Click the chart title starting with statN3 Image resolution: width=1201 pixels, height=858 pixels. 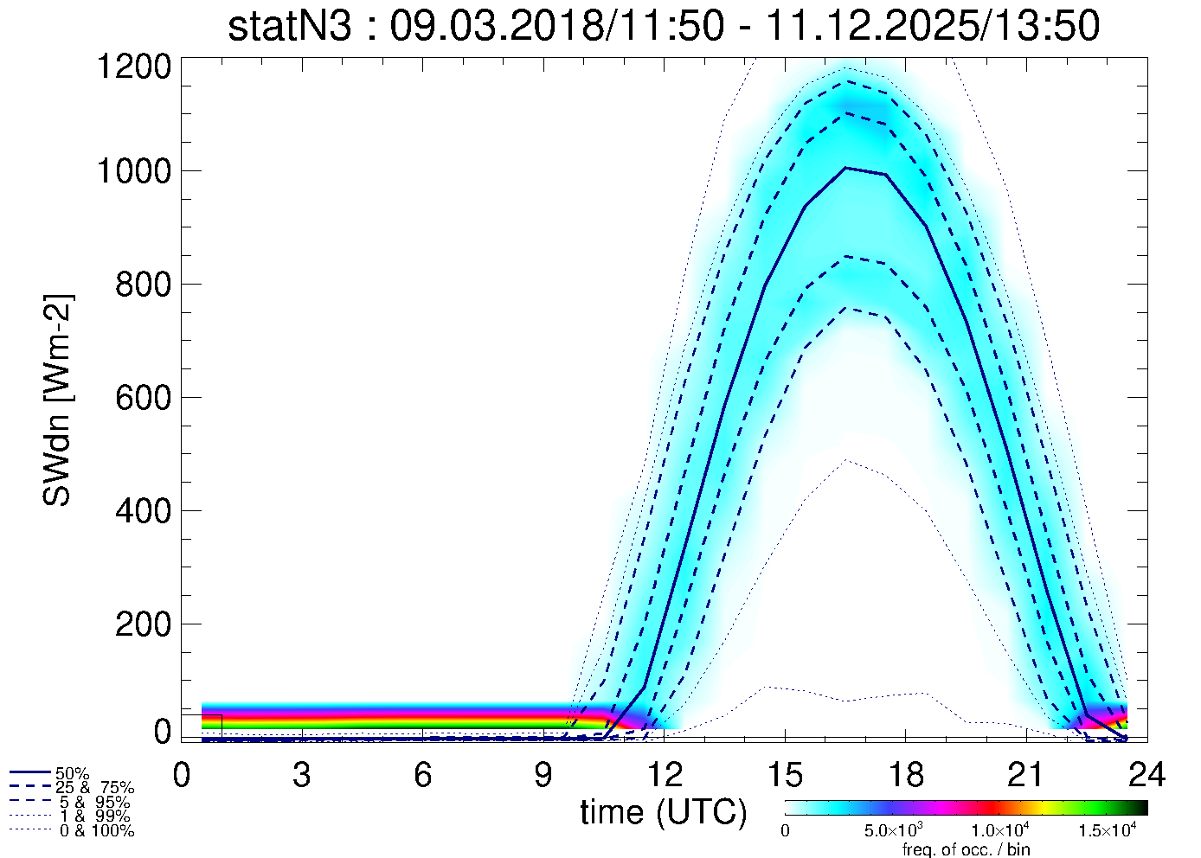pyautogui.click(x=664, y=26)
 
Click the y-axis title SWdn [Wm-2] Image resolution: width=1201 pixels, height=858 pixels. pyautogui.click(x=58, y=400)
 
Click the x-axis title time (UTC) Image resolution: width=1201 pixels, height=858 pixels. pyautogui.click(x=664, y=812)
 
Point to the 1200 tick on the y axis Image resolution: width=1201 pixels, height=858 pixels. pyautogui.click(x=133, y=67)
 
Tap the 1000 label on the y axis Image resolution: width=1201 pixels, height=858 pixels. pyautogui.click(x=133, y=171)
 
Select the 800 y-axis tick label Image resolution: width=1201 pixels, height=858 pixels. pyautogui.click(x=143, y=285)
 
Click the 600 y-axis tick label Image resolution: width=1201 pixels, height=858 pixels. pyautogui.click(x=143, y=398)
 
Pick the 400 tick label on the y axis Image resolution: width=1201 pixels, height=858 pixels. pyautogui.click(x=143, y=511)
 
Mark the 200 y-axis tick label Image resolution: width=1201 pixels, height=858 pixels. pyautogui.click(x=143, y=624)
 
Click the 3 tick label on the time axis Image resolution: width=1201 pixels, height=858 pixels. pyautogui.click(x=302, y=775)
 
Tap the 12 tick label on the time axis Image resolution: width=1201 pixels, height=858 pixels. pyautogui.click(x=664, y=775)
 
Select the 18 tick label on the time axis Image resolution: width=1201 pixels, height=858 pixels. pyautogui.click(x=905, y=775)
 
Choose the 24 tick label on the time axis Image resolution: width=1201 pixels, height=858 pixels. pyautogui.click(x=1146, y=775)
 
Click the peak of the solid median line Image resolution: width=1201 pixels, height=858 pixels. pyautogui.click(x=846, y=168)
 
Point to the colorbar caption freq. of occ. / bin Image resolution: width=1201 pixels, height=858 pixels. pyautogui.click(x=966, y=849)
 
